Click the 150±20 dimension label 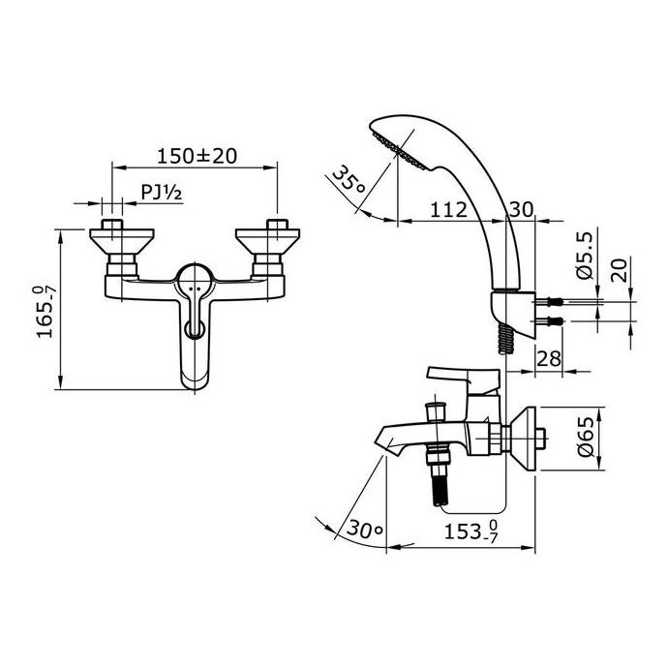[x=197, y=156]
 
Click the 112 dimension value [x=448, y=209]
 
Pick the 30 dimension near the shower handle [x=521, y=209]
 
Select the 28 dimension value [x=549, y=357]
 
